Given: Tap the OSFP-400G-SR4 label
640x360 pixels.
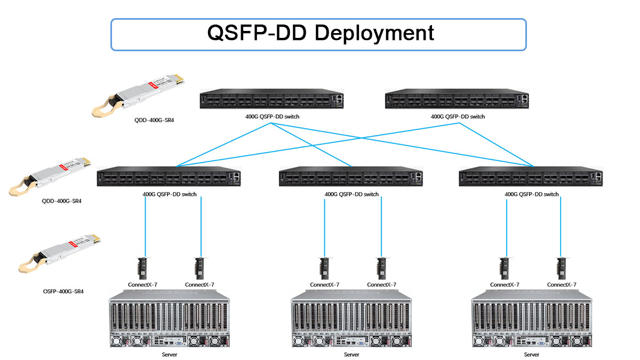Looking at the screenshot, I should [x=63, y=292].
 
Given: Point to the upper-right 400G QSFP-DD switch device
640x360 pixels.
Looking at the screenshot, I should [x=458, y=100].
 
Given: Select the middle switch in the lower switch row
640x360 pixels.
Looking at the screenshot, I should [x=351, y=178].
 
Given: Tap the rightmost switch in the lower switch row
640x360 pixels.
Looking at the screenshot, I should [x=531, y=178].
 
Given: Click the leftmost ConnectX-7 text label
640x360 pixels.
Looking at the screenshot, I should [x=142, y=285].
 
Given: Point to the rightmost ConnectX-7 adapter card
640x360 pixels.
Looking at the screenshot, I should [x=561, y=268].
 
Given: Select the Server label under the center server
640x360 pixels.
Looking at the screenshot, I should [x=351, y=354].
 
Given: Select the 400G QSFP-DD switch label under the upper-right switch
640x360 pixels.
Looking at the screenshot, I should [x=458, y=116].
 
